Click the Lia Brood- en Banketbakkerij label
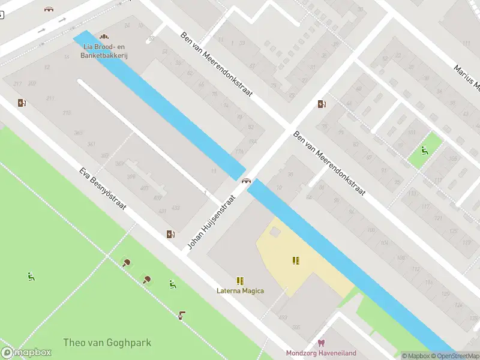click(104, 51)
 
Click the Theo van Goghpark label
click(107, 343)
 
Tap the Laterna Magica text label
click(240, 291)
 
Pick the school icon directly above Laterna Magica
click(240, 280)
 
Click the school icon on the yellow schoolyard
click(296, 260)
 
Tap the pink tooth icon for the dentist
click(321, 343)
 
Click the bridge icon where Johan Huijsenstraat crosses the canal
click(246, 181)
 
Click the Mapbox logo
click(26, 353)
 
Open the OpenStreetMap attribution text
click(456, 356)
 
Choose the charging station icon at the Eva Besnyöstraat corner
click(170, 234)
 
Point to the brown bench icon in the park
click(182, 314)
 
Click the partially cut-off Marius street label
click(467, 79)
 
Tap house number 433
click(175, 208)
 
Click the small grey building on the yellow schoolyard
click(275, 231)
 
